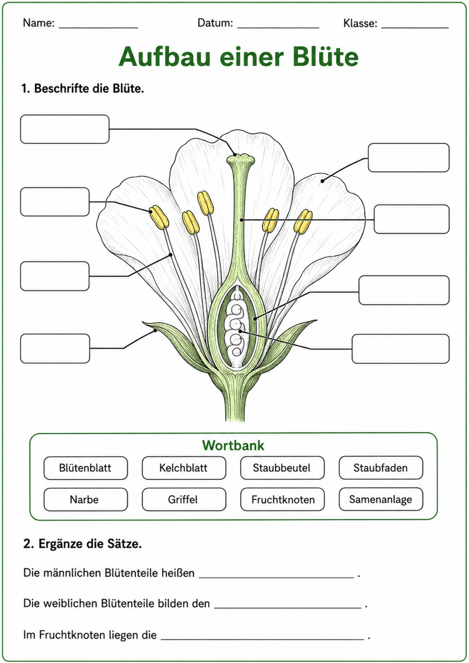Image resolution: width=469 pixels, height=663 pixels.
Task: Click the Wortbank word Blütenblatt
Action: (85, 468)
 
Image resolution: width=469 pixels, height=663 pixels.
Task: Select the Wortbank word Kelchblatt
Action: (183, 468)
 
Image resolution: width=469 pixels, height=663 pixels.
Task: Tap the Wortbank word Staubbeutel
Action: (282, 468)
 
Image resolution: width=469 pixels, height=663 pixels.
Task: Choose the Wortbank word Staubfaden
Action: (380, 468)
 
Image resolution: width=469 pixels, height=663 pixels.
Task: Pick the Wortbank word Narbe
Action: (84, 500)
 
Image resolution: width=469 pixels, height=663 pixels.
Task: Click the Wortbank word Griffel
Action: (183, 500)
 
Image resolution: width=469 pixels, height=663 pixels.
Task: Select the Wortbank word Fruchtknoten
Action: (283, 500)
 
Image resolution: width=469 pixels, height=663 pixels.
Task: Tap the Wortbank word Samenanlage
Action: (380, 500)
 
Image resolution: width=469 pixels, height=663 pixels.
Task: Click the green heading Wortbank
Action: (233, 446)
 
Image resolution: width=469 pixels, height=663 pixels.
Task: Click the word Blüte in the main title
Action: (325, 57)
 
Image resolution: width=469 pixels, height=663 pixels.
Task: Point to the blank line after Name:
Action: (98, 28)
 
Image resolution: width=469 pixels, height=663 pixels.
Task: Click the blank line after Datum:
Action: (278, 28)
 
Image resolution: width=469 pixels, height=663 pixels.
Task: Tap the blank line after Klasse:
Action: (415, 28)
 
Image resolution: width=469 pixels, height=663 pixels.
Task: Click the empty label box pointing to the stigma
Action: (65, 129)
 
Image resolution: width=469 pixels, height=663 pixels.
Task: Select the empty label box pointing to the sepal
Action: (55, 348)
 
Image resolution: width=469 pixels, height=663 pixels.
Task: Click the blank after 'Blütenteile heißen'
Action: (277, 577)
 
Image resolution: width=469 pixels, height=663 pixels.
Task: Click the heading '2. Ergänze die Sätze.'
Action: (82, 544)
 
